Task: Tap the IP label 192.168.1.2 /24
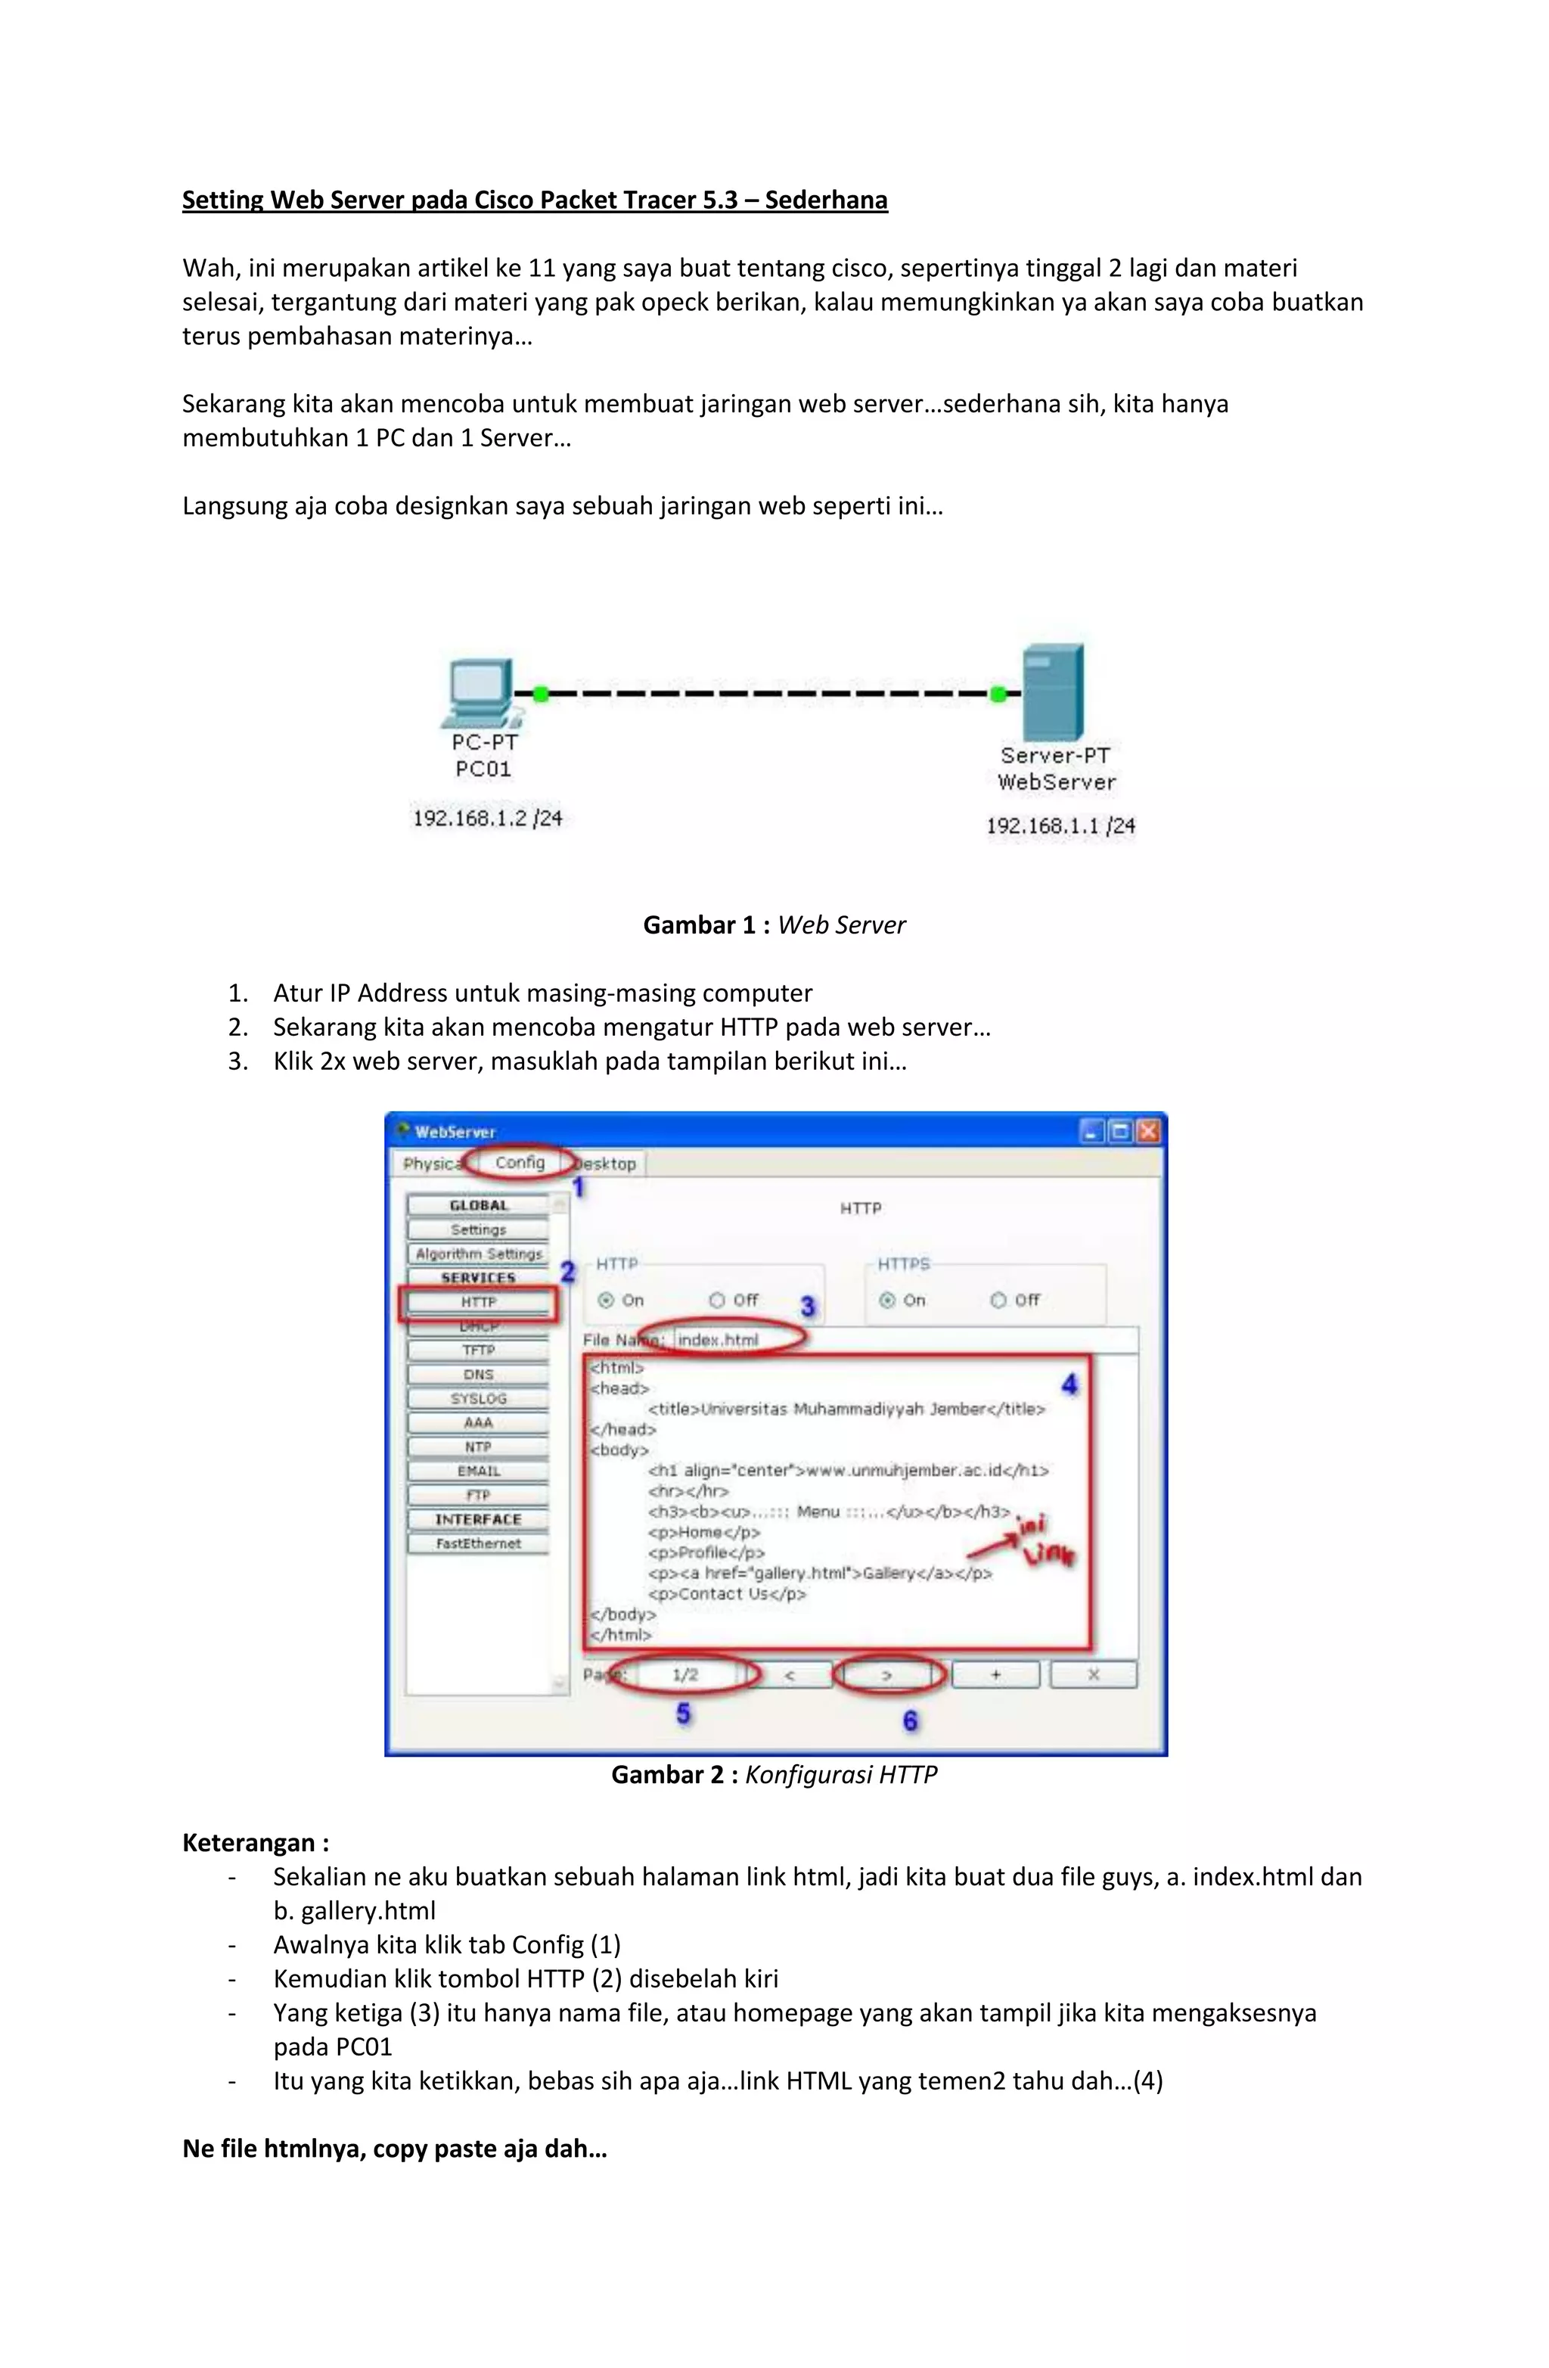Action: (488, 819)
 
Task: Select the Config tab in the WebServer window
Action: (520, 1162)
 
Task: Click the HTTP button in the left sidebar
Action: (477, 1301)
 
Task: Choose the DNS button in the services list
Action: (477, 1374)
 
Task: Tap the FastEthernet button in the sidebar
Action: (477, 1543)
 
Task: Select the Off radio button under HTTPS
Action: (999, 1300)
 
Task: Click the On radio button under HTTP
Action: (605, 1300)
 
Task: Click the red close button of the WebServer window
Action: (1148, 1131)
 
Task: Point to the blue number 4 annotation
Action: (1069, 1384)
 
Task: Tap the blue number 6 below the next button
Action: (909, 1720)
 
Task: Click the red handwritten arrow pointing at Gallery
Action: (995, 1547)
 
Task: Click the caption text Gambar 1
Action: (700, 925)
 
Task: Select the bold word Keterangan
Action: (249, 1843)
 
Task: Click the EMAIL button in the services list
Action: (477, 1471)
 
